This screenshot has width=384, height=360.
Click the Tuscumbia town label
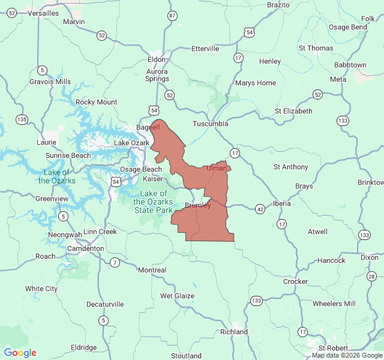tap(210, 124)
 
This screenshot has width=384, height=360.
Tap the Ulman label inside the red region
tap(217, 168)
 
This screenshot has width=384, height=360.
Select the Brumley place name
tap(197, 205)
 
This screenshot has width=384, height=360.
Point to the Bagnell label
tap(148, 128)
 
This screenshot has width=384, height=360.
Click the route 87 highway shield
tap(173, 15)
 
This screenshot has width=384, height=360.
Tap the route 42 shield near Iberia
tap(259, 209)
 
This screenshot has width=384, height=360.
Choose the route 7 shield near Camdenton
tap(115, 262)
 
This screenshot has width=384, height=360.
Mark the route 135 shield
tap(22, 119)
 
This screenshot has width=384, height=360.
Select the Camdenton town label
tap(85, 248)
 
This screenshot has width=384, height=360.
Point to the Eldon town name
tap(157, 59)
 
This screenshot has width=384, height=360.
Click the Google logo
tap(20, 353)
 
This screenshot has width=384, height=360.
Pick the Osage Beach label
tap(140, 169)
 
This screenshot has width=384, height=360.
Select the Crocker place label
tap(295, 281)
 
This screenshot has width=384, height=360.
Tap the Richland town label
tap(234, 332)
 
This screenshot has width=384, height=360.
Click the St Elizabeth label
tap(293, 111)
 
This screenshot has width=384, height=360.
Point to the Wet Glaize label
tap(177, 296)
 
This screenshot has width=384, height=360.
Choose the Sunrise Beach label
tap(68, 155)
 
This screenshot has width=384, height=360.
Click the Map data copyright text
tap(347, 355)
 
